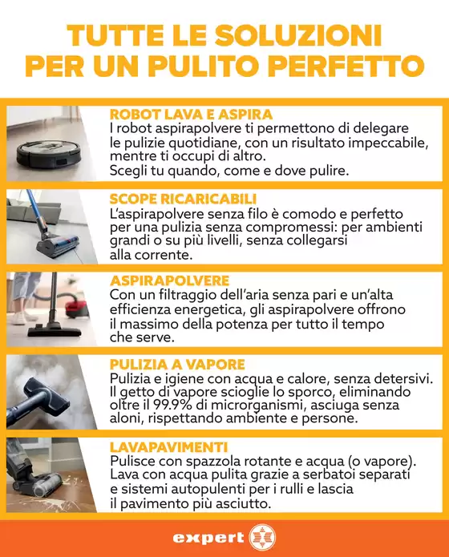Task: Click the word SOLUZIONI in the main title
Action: [x=298, y=35]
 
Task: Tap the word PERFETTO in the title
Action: [x=350, y=67]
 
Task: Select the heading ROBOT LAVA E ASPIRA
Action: [x=192, y=115]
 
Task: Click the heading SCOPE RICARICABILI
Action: [x=183, y=199]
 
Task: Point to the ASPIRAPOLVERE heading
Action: [x=169, y=281]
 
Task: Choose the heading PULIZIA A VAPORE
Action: [x=177, y=365]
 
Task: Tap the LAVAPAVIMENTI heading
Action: [x=169, y=447]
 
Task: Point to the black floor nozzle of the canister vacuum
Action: [x=55, y=332]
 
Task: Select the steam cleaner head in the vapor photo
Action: [x=47, y=394]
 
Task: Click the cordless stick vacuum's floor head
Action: [x=60, y=244]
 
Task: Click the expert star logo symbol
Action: [x=262, y=539]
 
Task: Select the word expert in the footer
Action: [x=208, y=539]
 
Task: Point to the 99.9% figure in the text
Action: [x=170, y=405]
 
